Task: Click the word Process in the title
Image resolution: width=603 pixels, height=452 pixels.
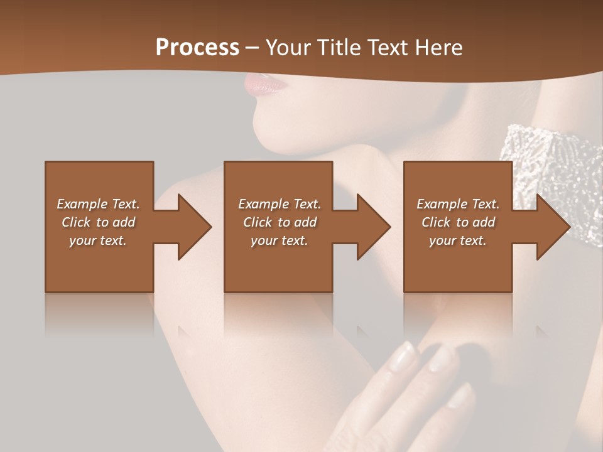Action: pos(197,48)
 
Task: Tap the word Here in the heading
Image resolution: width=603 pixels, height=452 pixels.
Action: pos(439,48)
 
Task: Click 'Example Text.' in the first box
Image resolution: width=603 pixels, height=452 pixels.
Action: pos(98,204)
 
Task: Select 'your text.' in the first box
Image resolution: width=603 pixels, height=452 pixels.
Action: pos(98,240)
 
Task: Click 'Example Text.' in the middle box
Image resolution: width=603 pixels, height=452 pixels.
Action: pos(280,204)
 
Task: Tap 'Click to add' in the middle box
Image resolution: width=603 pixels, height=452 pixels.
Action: pos(280,222)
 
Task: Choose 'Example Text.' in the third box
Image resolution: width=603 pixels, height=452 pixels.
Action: pos(458,204)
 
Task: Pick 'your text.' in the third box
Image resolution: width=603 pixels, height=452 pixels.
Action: pos(458,240)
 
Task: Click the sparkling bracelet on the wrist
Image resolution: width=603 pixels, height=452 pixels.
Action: pos(540,157)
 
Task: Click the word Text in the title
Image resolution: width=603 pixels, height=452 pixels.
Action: pos(391,48)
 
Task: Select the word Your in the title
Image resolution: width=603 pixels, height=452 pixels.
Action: pos(288,48)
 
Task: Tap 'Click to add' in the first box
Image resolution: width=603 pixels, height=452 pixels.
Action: pos(98,222)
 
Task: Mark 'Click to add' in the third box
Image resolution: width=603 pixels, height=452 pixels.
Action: pos(458,222)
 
